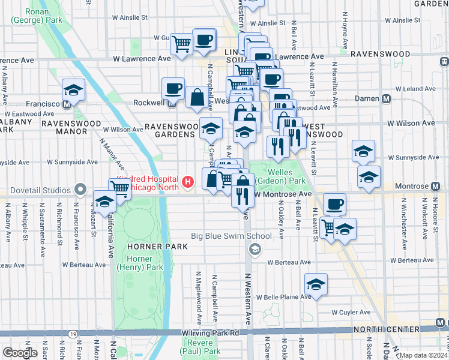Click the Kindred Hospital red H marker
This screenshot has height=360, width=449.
tap(188, 181)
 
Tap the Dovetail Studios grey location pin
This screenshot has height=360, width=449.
tap(82, 191)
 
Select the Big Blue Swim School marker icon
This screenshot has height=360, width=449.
tap(255, 249)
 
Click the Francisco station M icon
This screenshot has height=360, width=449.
tap(67, 103)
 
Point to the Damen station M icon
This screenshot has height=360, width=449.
tap(387, 98)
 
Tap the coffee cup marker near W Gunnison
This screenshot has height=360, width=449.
tap(203, 40)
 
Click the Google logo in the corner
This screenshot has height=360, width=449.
tap(20, 353)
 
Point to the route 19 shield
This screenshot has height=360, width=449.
tap(73, 334)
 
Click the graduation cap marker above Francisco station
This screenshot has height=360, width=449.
tap(74, 90)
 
